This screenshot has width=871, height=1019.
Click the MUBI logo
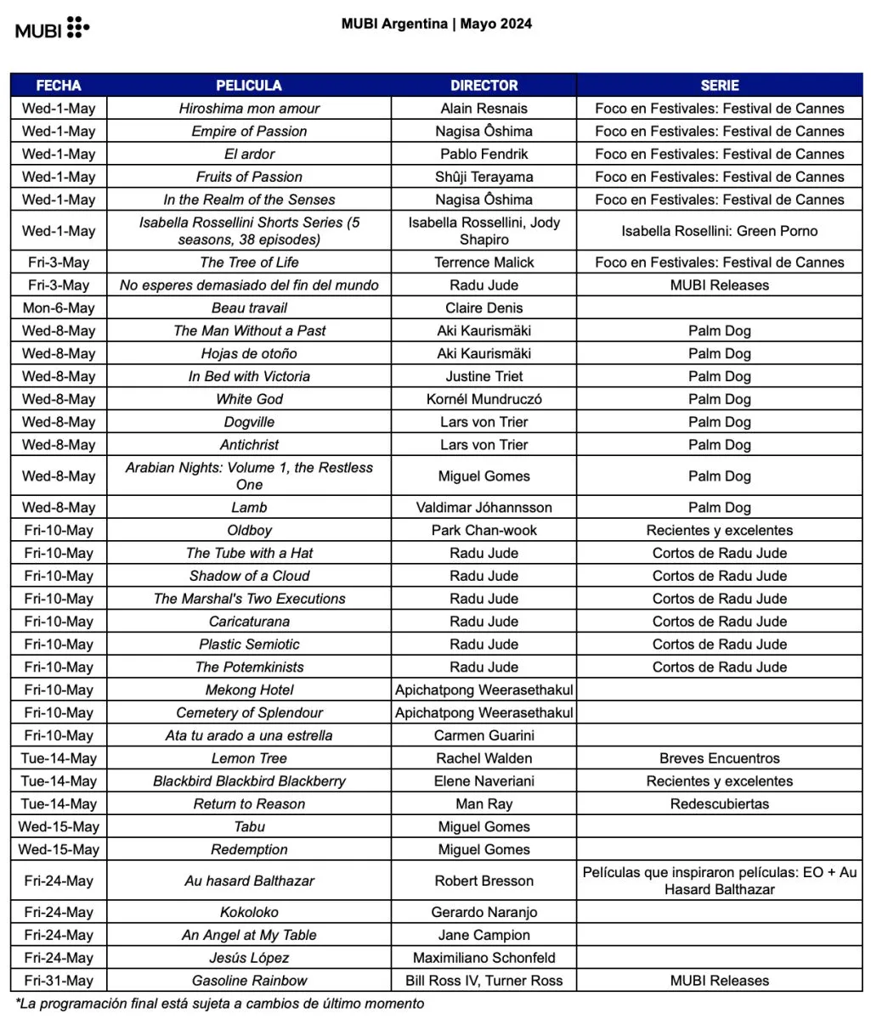point(52,29)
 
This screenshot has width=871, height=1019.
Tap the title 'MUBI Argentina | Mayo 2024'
point(437,24)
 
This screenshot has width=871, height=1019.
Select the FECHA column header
point(59,86)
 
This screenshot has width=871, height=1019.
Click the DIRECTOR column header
point(484,86)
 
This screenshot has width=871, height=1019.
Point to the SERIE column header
point(719,86)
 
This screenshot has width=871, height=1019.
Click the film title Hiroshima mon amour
point(249,109)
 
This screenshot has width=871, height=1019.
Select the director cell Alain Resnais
point(484,109)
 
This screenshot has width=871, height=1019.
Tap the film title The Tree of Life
point(249,262)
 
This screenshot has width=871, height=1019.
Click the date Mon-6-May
point(59,308)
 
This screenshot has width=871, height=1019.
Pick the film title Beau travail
point(249,308)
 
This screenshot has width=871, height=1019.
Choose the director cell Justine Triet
point(484,376)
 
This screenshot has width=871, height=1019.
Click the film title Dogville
point(249,422)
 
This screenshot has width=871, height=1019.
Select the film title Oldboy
point(249,531)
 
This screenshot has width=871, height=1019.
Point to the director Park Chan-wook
point(484,531)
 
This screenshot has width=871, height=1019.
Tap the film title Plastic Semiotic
point(249,645)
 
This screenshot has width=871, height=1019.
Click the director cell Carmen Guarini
point(484,736)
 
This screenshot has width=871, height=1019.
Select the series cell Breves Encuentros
point(719,759)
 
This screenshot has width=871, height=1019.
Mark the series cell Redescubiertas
point(719,804)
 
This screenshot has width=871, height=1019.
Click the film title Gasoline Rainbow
point(249,981)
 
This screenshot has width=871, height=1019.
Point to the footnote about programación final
point(219,1004)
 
